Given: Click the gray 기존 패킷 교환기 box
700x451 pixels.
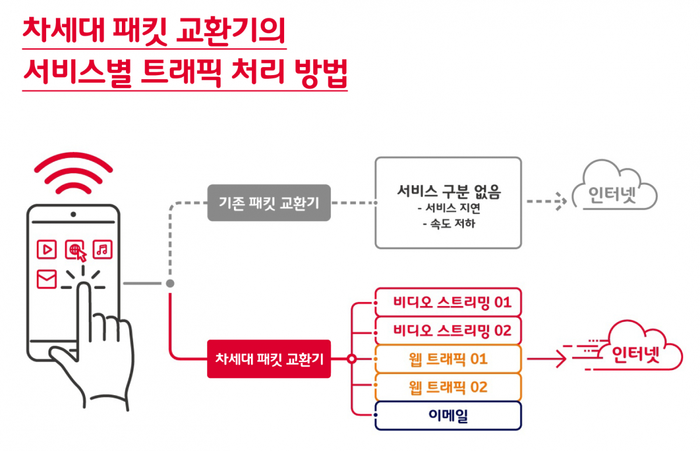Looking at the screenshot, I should (x=269, y=203).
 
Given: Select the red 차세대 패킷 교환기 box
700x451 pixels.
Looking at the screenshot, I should (x=269, y=359).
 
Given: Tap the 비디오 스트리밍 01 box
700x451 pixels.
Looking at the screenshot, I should (x=448, y=302).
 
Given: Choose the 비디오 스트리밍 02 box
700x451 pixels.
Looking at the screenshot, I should (x=448, y=330).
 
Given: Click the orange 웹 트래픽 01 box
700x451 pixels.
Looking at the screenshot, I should (x=448, y=359).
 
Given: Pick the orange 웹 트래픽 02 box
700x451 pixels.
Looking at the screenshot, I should (x=448, y=387).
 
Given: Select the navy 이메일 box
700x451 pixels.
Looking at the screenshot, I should (x=448, y=415).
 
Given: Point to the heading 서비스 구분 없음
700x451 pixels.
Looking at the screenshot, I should (x=449, y=191).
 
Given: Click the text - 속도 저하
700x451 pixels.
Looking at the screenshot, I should (x=449, y=224).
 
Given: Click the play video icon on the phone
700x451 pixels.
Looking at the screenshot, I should (x=47, y=249).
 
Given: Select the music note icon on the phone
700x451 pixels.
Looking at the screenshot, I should (x=102, y=249).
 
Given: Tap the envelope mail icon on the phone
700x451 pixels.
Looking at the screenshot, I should (x=47, y=279).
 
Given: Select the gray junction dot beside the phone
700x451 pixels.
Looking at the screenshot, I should (x=170, y=284).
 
